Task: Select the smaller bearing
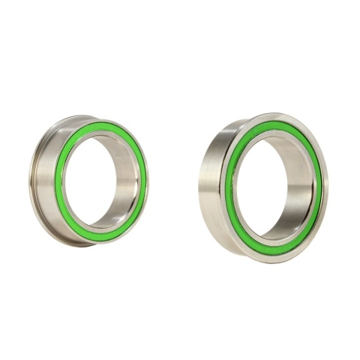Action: (90, 180)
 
